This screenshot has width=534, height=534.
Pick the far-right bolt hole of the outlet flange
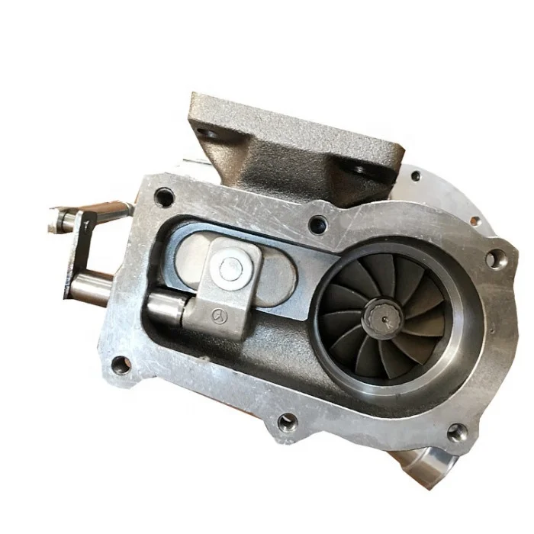coord(494,259)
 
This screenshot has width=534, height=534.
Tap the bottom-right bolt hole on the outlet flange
coord(455,433)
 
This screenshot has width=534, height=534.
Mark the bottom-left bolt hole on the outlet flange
coord(121,365)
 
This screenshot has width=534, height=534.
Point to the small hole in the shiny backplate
coord(415,175)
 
